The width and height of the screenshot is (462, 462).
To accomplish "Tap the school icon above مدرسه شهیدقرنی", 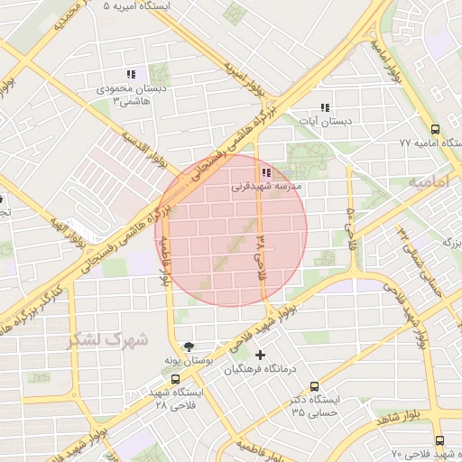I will (265, 172).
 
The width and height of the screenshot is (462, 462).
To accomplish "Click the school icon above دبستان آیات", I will (325, 107).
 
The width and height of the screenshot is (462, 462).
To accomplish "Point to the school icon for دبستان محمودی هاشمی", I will (131, 75).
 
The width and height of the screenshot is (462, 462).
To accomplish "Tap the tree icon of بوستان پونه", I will (189, 346).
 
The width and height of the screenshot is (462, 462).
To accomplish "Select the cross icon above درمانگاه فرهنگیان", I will (261, 355).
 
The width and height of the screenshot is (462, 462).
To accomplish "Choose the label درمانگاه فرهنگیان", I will (262, 369).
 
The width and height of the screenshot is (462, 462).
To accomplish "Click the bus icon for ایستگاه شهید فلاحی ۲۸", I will (174, 379).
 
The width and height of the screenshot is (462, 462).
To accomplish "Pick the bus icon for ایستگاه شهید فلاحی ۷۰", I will (439, 441).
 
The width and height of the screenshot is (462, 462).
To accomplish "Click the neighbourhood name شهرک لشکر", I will (112, 339).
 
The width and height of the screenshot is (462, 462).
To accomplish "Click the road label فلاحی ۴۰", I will (348, 226).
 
